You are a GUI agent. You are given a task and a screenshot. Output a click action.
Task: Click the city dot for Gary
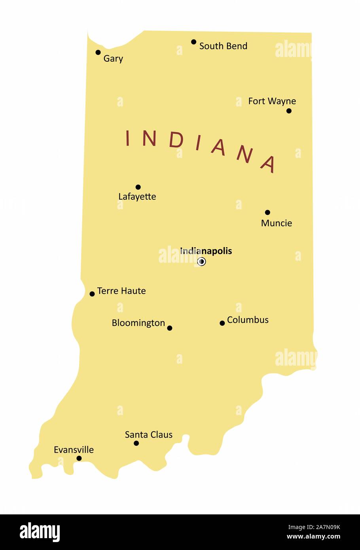coord(98,52)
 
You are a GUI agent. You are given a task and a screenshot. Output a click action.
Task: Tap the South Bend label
coord(223,46)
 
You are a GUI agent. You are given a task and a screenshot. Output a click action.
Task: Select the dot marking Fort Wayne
coord(289,111)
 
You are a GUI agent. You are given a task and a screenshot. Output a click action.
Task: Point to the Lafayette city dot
coord(138,187)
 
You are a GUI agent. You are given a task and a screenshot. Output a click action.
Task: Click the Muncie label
coord(277,223)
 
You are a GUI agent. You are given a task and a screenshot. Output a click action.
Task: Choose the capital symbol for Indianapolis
coord(201,262)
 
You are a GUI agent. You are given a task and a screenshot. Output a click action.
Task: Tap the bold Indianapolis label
coord(206,251)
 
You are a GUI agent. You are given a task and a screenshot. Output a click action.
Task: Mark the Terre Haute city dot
coord(92,294)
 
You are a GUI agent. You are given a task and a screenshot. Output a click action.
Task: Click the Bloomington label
coord(138,323)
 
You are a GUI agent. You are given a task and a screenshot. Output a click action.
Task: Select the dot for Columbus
coord(222,323)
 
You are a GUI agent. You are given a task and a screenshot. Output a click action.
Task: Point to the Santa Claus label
coord(149,434)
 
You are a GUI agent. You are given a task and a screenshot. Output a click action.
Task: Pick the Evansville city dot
coord(79,459)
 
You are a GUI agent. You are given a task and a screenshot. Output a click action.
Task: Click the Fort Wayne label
coord(272,101)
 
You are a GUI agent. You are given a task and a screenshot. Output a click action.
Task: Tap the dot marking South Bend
coord(194,42)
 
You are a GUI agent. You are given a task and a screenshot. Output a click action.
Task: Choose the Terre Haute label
coord(121,291)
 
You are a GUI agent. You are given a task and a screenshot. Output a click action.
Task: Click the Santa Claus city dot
coord(136,443)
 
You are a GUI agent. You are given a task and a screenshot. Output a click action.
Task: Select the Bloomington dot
coord(170,328)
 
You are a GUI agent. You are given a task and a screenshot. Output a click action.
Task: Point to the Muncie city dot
coord(267,212)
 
